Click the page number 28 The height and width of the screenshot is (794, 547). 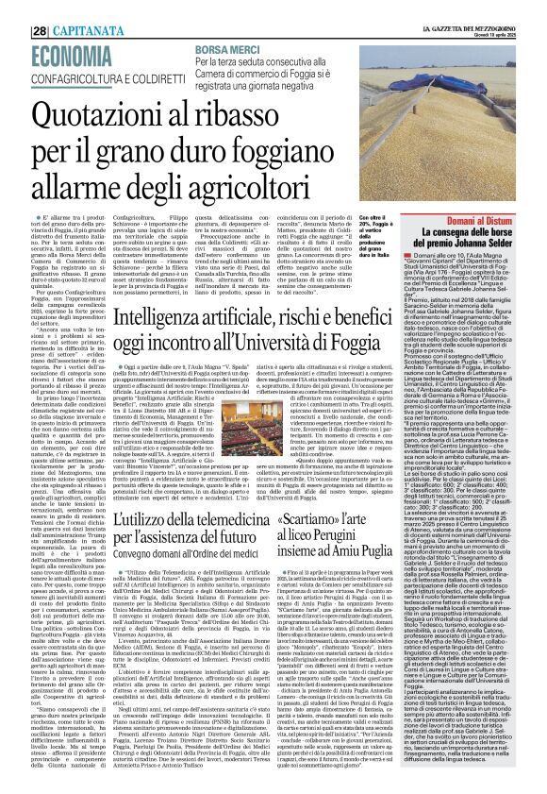click(13, 7)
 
